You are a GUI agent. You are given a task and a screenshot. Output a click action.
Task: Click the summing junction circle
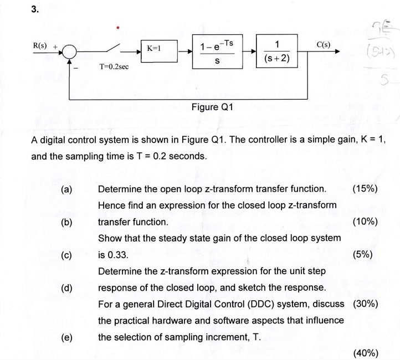pos(70,52)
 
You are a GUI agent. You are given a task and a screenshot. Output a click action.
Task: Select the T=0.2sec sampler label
pos(114,66)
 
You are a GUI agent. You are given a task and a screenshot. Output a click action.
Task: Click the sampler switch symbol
pos(117,47)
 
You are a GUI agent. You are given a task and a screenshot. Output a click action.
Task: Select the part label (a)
pos(66,189)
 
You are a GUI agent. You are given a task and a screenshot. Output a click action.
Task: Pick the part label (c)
pos(66,255)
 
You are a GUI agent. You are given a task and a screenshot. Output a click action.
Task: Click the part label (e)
pos(66,337)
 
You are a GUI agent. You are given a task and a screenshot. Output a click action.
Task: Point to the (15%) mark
pos(365,189)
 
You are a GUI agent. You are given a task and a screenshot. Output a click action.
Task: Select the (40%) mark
pos(365,353)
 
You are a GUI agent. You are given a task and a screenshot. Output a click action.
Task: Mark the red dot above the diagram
pos(117,25)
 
